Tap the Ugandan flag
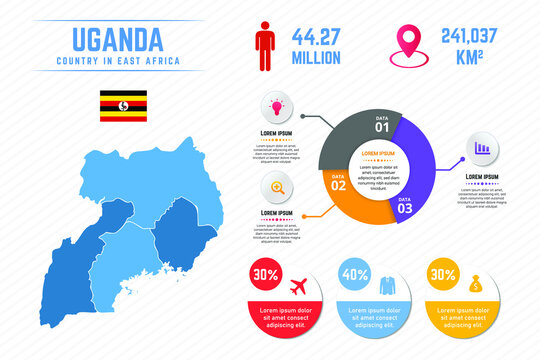[122, 105]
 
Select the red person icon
[264, 49]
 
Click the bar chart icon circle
[483, 148]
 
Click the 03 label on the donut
[404, 208]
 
